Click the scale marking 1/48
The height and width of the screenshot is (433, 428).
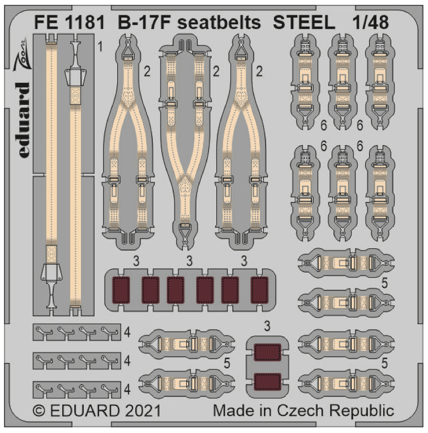click(x=374, y=22)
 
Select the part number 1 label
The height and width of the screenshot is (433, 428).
click(x=100, y=45)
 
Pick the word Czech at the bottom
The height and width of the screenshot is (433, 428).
click(x=315, y=411)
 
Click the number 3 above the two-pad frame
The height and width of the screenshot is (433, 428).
click(x=267, y=326)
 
